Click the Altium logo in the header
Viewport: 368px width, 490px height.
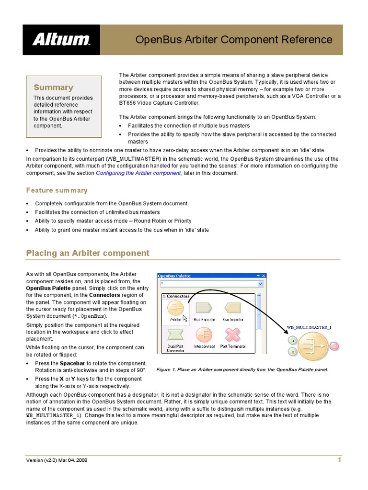pyautogui.click(x=61, y=40)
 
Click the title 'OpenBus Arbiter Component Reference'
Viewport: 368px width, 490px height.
pyautogui.click(x=233, y=39)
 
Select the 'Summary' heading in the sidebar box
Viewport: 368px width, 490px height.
pyautogui.click(x=53, y=87)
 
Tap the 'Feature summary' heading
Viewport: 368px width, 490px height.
pyautogui.click(x=57, y=190)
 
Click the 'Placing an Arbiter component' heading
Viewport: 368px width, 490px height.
pyautogui.click(x=88, y=253)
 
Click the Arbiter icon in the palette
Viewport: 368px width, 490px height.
pyautogui.click(x=175, y=308)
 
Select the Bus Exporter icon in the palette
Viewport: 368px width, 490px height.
pyautogui.click(x=204, y=308)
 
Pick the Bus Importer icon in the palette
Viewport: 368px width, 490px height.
pyautogui.click(x=232, y=308)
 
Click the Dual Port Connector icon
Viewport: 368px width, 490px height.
pyautogui.click(x=175, y=334)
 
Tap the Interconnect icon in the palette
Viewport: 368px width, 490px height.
pyautogui.click(x=204, y=334)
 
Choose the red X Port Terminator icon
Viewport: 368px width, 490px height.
pyautogui.click(x=233, y=334)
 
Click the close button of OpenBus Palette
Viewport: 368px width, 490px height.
pyautogui.click(x=263, y=276)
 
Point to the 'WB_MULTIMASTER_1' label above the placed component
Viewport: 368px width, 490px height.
pyautogui.click(x=309, y=327)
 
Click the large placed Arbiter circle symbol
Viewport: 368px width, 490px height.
pyautogui.click(x=313, y=346)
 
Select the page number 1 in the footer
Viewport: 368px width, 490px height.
pyautogui.click(x=339, y=460)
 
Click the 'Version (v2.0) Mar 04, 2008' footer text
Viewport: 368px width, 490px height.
pyautogui.click(x=57, y=460)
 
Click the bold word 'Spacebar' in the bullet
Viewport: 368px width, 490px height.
pyautogui.click(x=72, y=364)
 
